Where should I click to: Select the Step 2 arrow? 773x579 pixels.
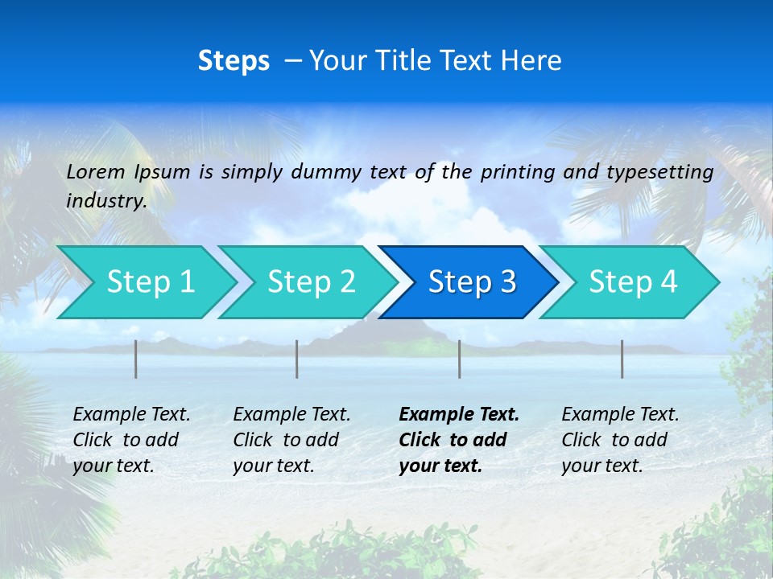click(x=311, y=281)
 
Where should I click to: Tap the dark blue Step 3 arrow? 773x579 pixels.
click(x=472, y=281)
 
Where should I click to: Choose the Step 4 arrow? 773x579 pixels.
click(x=633, y=281)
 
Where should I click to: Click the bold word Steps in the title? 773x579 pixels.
click(x=234, y=60)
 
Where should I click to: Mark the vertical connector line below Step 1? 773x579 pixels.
click(x=136, y=359)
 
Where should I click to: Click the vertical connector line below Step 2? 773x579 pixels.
click(x=297, y=359)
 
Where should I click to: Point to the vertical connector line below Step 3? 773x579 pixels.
click(x=460, y=359)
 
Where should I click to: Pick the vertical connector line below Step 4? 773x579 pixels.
click(x=622, y=359)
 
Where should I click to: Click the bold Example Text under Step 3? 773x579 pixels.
click(x=459, y=415)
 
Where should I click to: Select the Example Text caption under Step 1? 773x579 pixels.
click(x=132, y=415)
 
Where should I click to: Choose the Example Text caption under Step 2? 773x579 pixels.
click(x=292, y=415)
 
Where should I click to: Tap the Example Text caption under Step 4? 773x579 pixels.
click(x=621, y=415)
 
